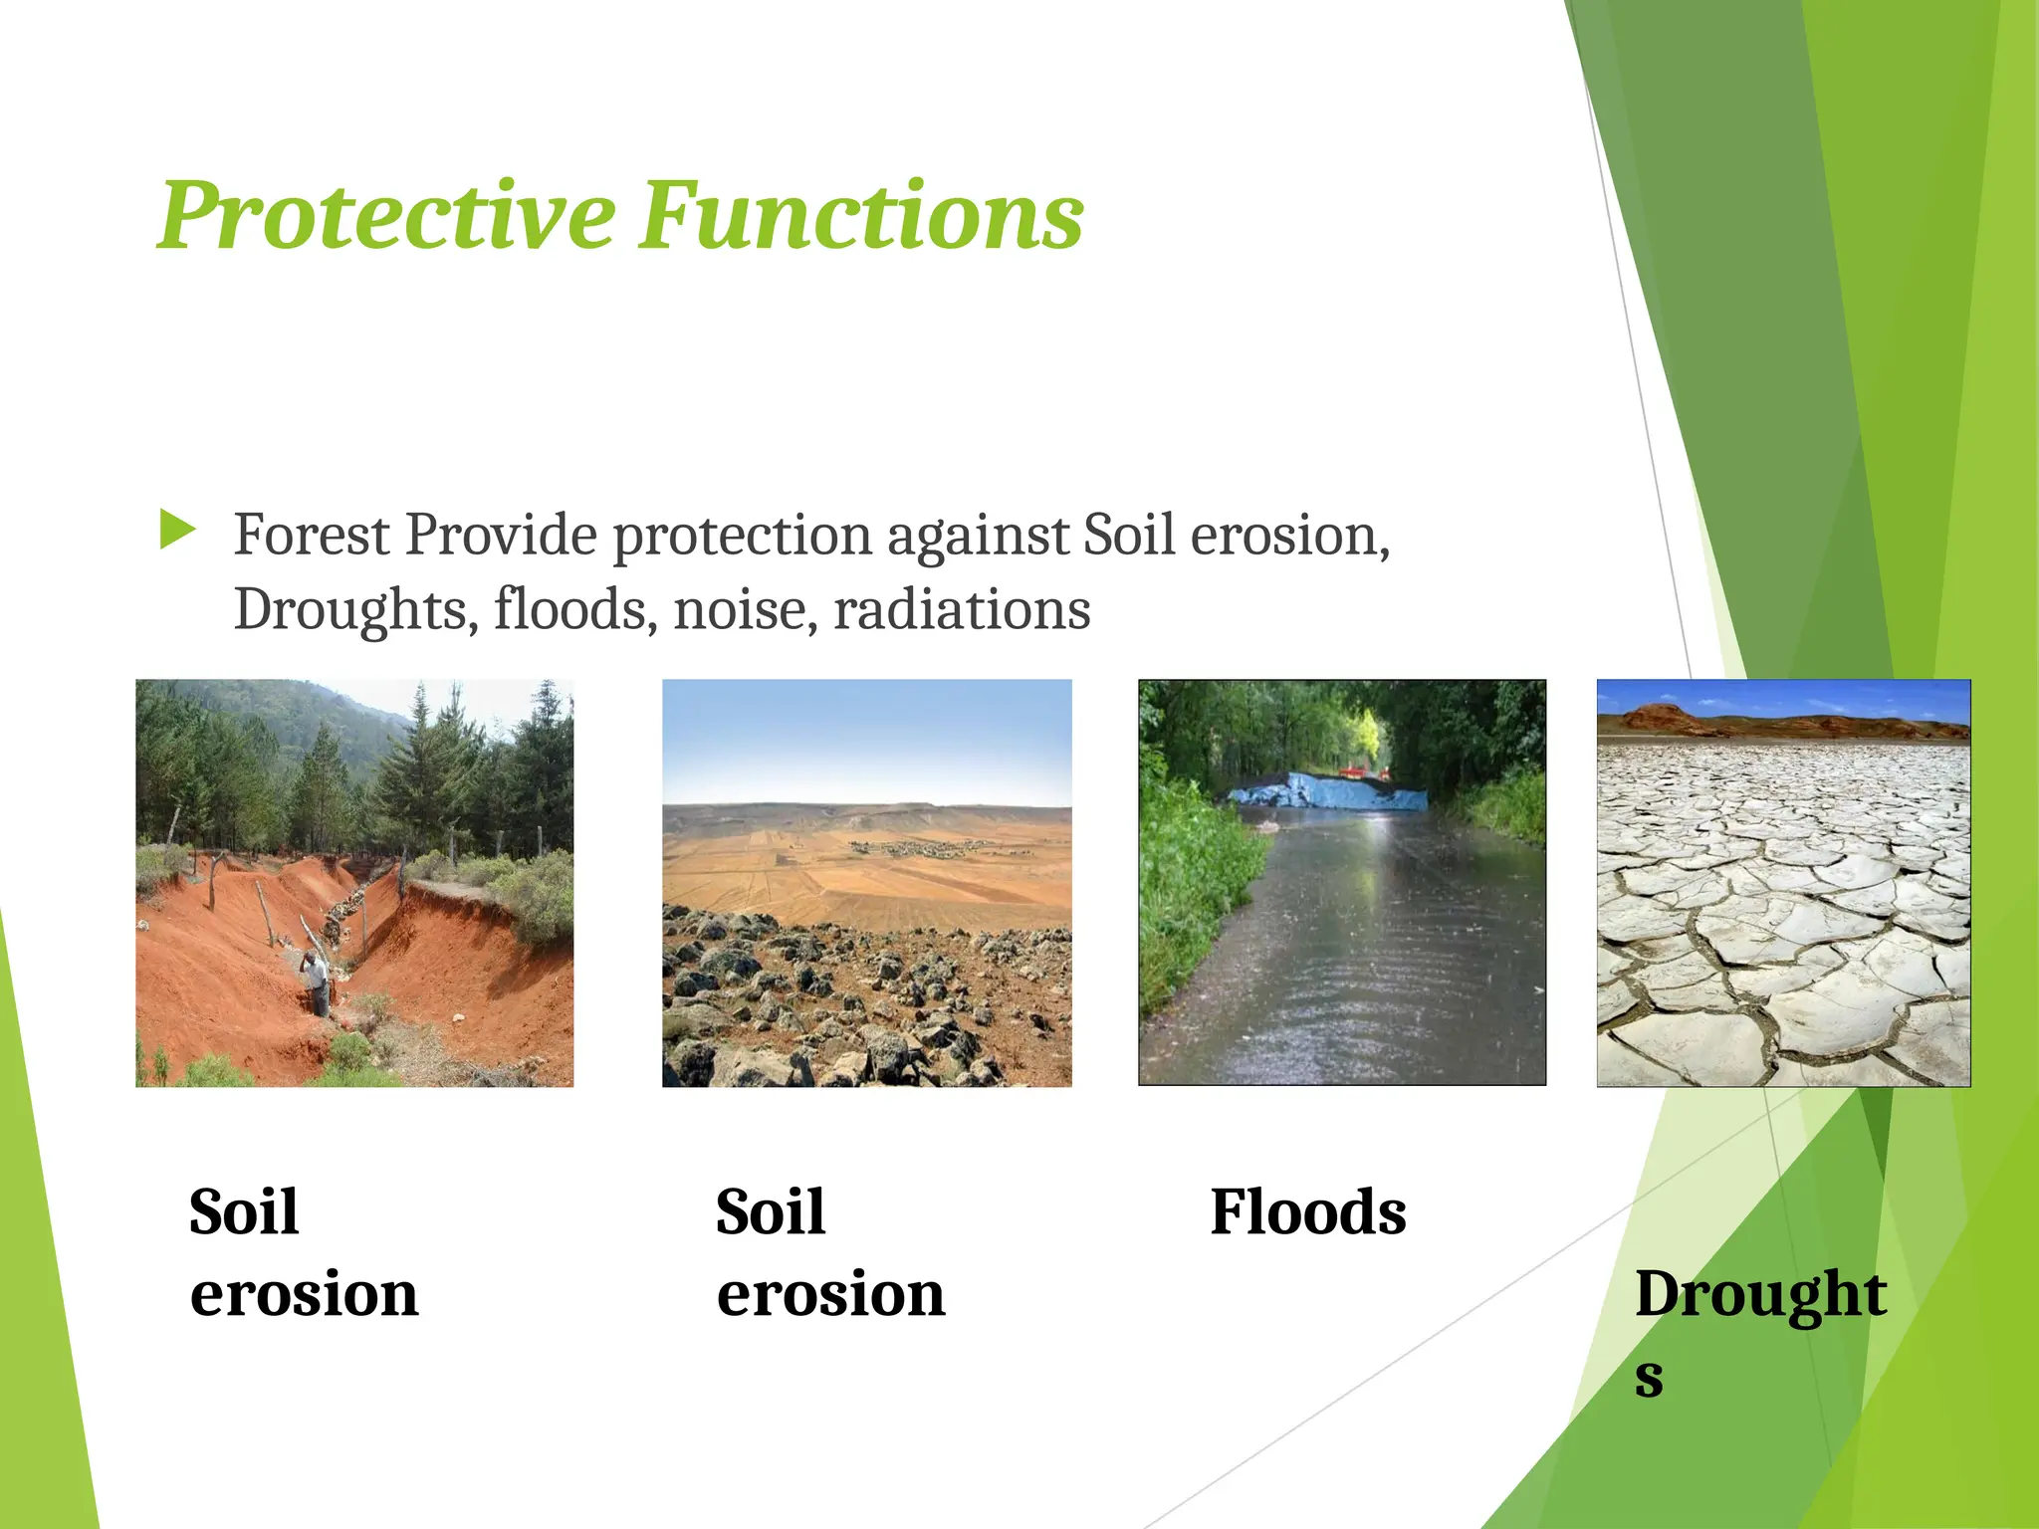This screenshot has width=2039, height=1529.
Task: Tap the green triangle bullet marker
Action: point(177,530)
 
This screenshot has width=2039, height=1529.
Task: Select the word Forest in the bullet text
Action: point(311,535)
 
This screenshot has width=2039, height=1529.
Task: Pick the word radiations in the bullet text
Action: point(961,609)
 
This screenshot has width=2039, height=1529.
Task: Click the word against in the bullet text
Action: point(977,537)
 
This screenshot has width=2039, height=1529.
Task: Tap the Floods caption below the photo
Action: point(1307,1212)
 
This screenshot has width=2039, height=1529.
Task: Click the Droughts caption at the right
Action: point(1759,1294)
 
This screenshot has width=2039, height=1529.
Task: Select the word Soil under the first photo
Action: point(244,1212)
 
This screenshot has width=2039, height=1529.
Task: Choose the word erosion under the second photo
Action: point(830,1294)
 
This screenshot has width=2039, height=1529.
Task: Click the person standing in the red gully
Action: point(316,981)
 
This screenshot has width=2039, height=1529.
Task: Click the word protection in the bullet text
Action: point(741,537)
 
